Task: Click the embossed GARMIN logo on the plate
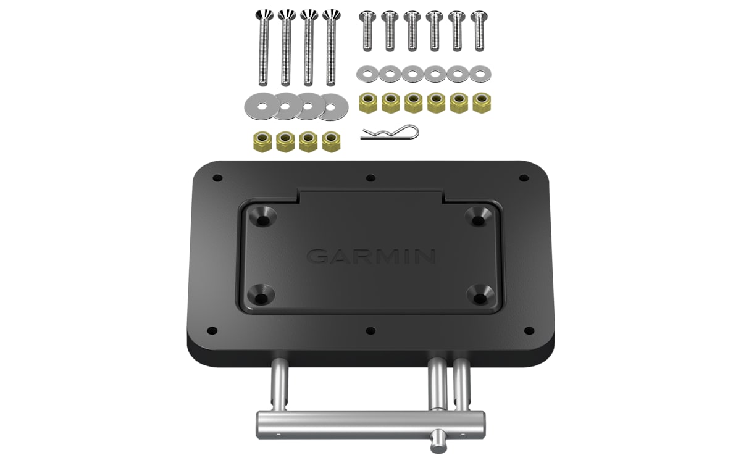pos(371,256)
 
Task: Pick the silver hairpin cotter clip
pos(390,133)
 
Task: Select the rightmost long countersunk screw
pos(331,48)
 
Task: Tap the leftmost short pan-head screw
pos(367,31)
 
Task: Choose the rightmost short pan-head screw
pos(479,31)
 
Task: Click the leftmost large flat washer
pos(262,106)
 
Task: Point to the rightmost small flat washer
pos(480,73)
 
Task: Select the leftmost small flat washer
pos(367,73)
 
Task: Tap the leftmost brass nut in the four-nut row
pos(262,142)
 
